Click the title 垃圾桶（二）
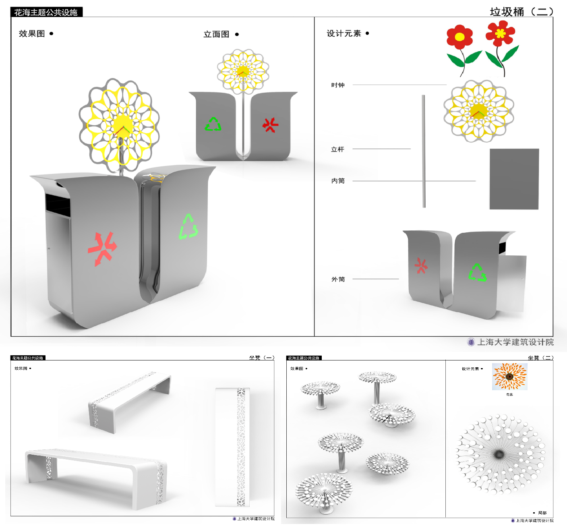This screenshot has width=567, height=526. [521, 12]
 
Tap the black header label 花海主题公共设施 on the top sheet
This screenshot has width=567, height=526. [46, 12]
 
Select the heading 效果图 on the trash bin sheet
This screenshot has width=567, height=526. [32, 33]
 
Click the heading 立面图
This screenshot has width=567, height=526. [216, 34]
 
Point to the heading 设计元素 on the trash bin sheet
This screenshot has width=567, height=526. [344, 33]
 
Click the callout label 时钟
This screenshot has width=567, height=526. [338, 85]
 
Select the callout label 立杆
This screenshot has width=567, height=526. [337, 149]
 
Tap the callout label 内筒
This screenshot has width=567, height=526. [338, 181]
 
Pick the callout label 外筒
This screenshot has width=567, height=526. [338, 279]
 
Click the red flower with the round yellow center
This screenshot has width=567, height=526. [459, 38]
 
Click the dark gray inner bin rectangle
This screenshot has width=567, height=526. [514, 179]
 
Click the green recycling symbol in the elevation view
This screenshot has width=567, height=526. [213, 124]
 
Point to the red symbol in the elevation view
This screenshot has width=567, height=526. [271, 125]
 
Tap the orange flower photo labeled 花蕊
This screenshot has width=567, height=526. [509, 377]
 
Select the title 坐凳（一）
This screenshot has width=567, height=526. [262, 358]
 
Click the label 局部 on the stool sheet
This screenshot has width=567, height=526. [542, 513]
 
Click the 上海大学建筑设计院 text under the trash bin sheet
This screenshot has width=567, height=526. [515, 342]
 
